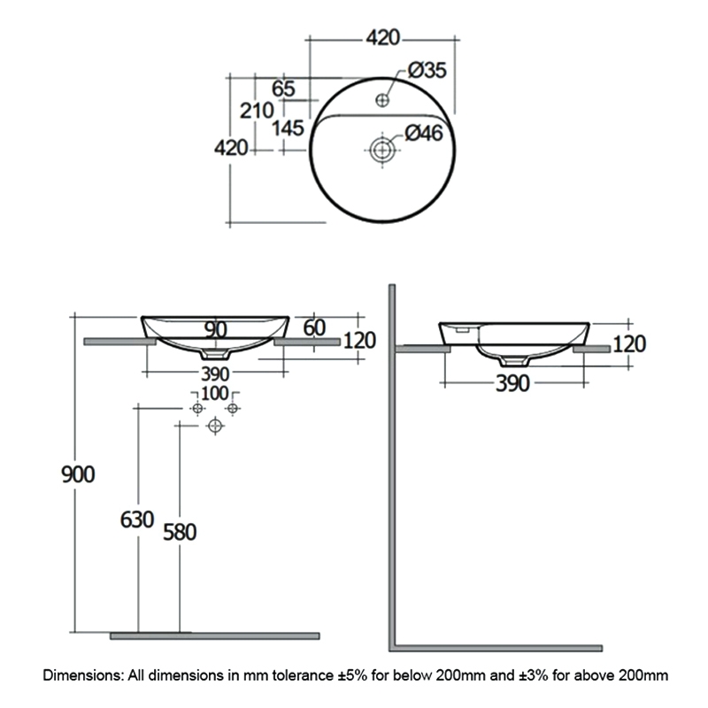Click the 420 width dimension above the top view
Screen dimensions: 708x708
click(x=382, y=38)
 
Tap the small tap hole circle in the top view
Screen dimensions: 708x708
click(x=382, y=99)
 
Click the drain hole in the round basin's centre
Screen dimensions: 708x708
click(x=382, y=150)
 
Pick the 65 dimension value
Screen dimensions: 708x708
click(x=283, y=88)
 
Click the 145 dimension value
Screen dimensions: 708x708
click(x=288, y=128)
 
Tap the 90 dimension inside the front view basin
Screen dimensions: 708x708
click(x=216, y=329)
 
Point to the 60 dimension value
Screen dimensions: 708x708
click(x=314, y=328)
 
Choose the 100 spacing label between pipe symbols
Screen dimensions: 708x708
click(x=215, y=393)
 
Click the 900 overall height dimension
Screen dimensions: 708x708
click(x=78, y=473)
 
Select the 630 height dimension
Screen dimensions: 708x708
click(x=137, y=519)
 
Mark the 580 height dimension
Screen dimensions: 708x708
click(x=180, y=532)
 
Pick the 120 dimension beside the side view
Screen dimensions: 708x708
click(x=629, y=343)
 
